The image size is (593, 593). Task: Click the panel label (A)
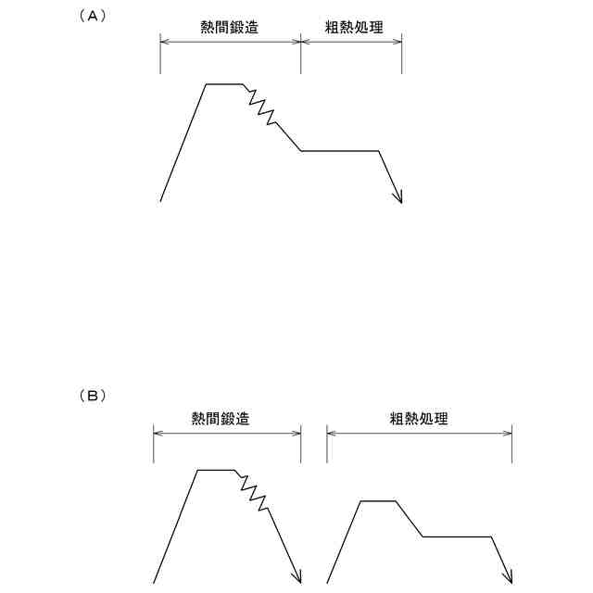point(94,16)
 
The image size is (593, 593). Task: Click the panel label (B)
point(93,396)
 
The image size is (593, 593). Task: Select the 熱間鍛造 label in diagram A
point(230,28)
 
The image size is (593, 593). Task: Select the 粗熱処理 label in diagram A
point(354,28)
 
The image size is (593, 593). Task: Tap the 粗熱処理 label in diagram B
point(419,419)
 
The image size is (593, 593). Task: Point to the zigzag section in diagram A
point(260,106)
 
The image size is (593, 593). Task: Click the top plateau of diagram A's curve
point(223,84)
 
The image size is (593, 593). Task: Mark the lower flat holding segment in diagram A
point(340,150)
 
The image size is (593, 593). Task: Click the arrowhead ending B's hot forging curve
point(297,577)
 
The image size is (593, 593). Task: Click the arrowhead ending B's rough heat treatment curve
point(509,577)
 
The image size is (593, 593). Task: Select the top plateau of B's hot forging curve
point(216,471)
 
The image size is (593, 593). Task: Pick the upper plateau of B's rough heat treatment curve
point(378,501)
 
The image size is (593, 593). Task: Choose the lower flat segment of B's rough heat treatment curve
point(457,536)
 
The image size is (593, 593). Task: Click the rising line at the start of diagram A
point(183,143)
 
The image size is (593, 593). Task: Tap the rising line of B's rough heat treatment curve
point(344,542)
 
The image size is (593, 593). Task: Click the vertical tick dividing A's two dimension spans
point(301,56)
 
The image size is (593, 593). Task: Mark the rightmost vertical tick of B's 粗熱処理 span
point(512,447)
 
